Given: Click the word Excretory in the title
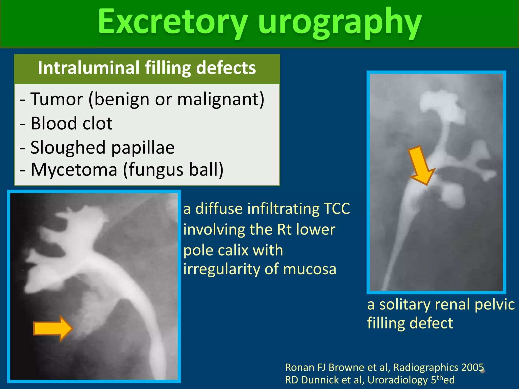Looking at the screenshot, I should pyautogui.click(x=172, y=22).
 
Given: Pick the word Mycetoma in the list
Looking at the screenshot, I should pyautogui.click(x=74, y=169).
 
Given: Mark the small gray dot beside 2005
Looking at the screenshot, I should pyautogui.click(x=483, y=371).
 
